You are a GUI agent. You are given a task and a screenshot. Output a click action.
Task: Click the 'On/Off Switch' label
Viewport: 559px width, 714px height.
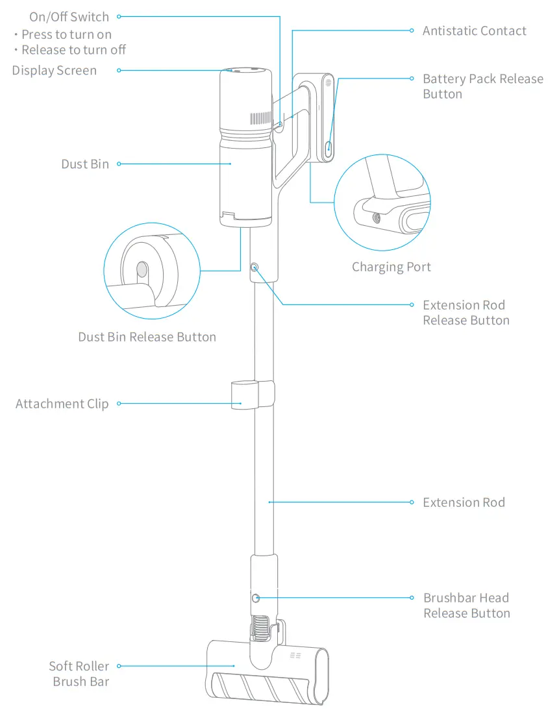click(x=69, y=17)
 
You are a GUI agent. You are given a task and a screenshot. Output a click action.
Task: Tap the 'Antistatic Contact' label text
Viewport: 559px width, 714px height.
click(x=474, y=31)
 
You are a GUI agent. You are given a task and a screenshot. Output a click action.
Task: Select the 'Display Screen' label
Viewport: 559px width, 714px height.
click(x=55, y=70)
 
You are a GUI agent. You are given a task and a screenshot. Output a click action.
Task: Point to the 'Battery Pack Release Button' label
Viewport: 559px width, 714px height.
click(x=482, y=86)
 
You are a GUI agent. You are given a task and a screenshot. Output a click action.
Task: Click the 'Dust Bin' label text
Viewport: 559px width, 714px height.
click(x=85, y=164)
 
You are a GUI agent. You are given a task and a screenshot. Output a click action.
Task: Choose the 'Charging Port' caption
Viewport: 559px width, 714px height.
click(x=391, y=267)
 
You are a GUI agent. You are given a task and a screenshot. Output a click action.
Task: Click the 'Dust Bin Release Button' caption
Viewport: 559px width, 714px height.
click(x=147, y=337)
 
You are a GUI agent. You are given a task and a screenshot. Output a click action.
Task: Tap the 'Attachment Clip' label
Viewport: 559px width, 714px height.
click(x=62, y=404)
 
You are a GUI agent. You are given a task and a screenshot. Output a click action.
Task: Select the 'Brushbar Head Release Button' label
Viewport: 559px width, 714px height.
click(x=466, y=606)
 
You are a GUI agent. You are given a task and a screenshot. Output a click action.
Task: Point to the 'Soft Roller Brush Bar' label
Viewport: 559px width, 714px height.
click(x=80, y=674)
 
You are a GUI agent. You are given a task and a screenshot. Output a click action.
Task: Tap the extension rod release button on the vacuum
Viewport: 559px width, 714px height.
click(x=254, y=267)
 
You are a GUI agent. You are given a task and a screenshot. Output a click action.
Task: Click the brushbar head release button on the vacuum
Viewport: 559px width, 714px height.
click(x=255, y=598)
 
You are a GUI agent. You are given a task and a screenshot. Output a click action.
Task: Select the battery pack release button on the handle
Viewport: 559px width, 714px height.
click(x=329, y=146)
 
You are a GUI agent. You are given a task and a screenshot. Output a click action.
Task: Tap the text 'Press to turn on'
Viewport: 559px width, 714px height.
click(x=66, y=34)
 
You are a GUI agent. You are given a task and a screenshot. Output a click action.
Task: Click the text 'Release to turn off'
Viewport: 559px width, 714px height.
click(x=73, y=50)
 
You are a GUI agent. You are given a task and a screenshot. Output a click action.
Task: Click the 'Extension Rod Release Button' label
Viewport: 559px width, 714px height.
click(x=466, y=313)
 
